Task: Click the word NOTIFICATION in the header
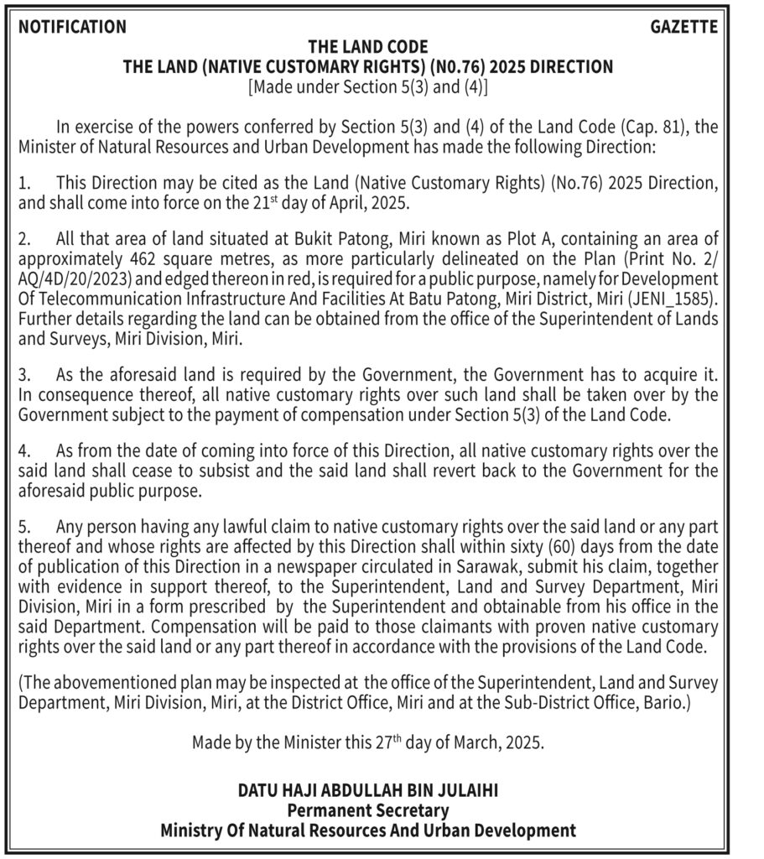point(73,27)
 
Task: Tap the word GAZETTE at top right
point(684,27)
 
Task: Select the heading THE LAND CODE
point(368,47)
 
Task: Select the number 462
point(148,258)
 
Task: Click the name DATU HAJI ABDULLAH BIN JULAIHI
point(369,791)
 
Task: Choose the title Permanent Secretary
point(368,810)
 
